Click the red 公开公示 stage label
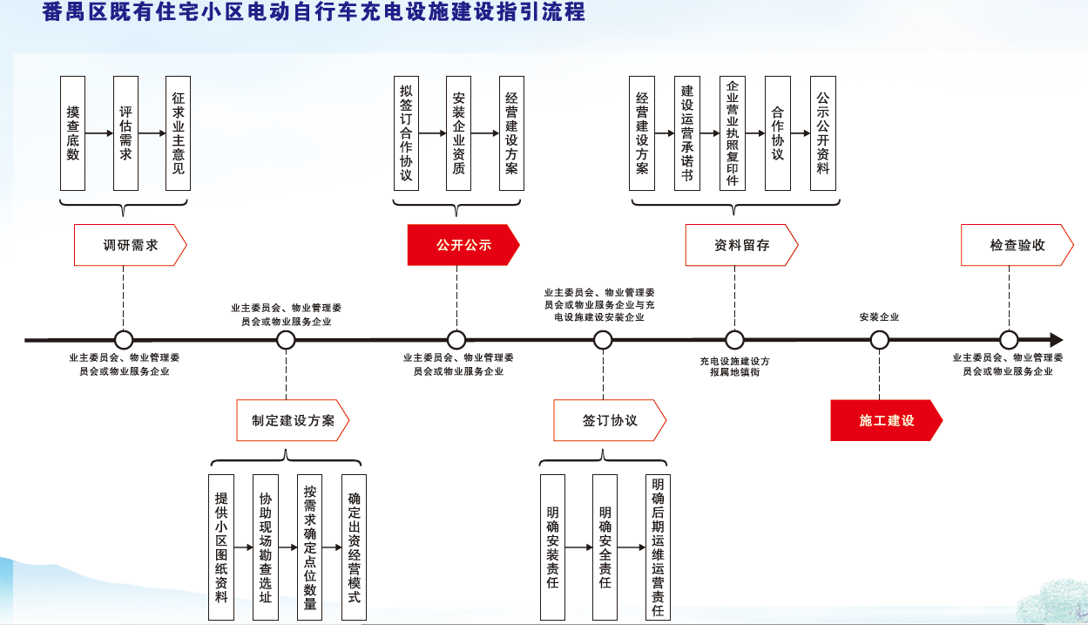tap(463, 245)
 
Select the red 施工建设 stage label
tap(886, 420)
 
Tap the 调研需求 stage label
tap(130, 245)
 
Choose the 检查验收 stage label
tap(1017, 245)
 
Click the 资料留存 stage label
tap(741, 245)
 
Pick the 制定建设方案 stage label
tap(293, 420)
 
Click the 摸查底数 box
tap(72, 133)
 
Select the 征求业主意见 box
tap(178, 133)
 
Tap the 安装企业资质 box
tap(458, 133)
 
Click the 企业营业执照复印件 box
tap(733, 133)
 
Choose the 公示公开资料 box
tap(822, 133)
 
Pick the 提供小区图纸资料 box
tap(221, 547)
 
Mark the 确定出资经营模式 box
tap(354, 547)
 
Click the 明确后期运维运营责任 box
tap(658, 547)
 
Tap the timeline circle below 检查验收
tap(1009, 340)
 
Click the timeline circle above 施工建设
tap(879, 340)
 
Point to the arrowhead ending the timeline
tap(1056, 340)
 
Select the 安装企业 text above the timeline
tap(879, 317)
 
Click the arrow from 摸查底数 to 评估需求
tap(99, 133)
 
